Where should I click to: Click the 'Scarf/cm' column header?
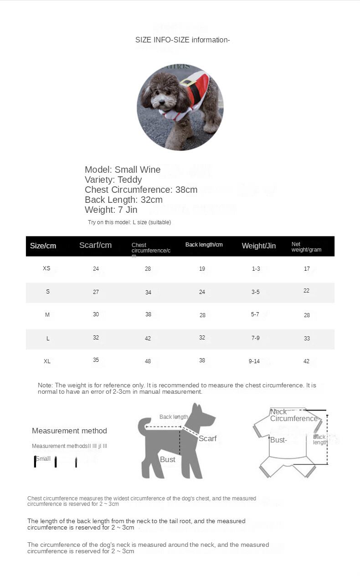[95, 245]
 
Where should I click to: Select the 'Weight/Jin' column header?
[258, 246]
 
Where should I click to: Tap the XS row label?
[46, 268]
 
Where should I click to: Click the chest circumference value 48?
[148, 361]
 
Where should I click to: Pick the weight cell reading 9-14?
[254, 361]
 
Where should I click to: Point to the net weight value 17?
[307, 269]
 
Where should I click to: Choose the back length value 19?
[202, 269]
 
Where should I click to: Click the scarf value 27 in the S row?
[96, 292]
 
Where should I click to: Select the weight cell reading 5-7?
[255, 314]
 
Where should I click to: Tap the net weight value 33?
[307, 339]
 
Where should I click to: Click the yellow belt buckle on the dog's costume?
[186, 82]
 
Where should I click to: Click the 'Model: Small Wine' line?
[123, 170]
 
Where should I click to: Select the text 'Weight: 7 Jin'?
[111, 210]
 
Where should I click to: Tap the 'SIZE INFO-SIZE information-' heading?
[182, 40]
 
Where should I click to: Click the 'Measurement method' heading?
[69, 431]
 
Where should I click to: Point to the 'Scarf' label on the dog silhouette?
[207, 438]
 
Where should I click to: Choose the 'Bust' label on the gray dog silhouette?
[167, 459]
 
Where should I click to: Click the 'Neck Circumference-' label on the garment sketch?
[294, 415]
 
